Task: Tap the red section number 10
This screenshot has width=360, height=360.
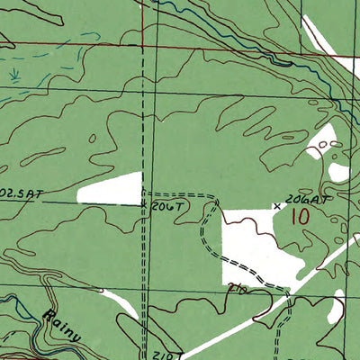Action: click(301, 217)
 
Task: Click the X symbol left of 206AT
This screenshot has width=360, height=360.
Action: click(277, 206)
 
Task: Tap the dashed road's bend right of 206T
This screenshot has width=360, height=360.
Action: click(214, 200)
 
